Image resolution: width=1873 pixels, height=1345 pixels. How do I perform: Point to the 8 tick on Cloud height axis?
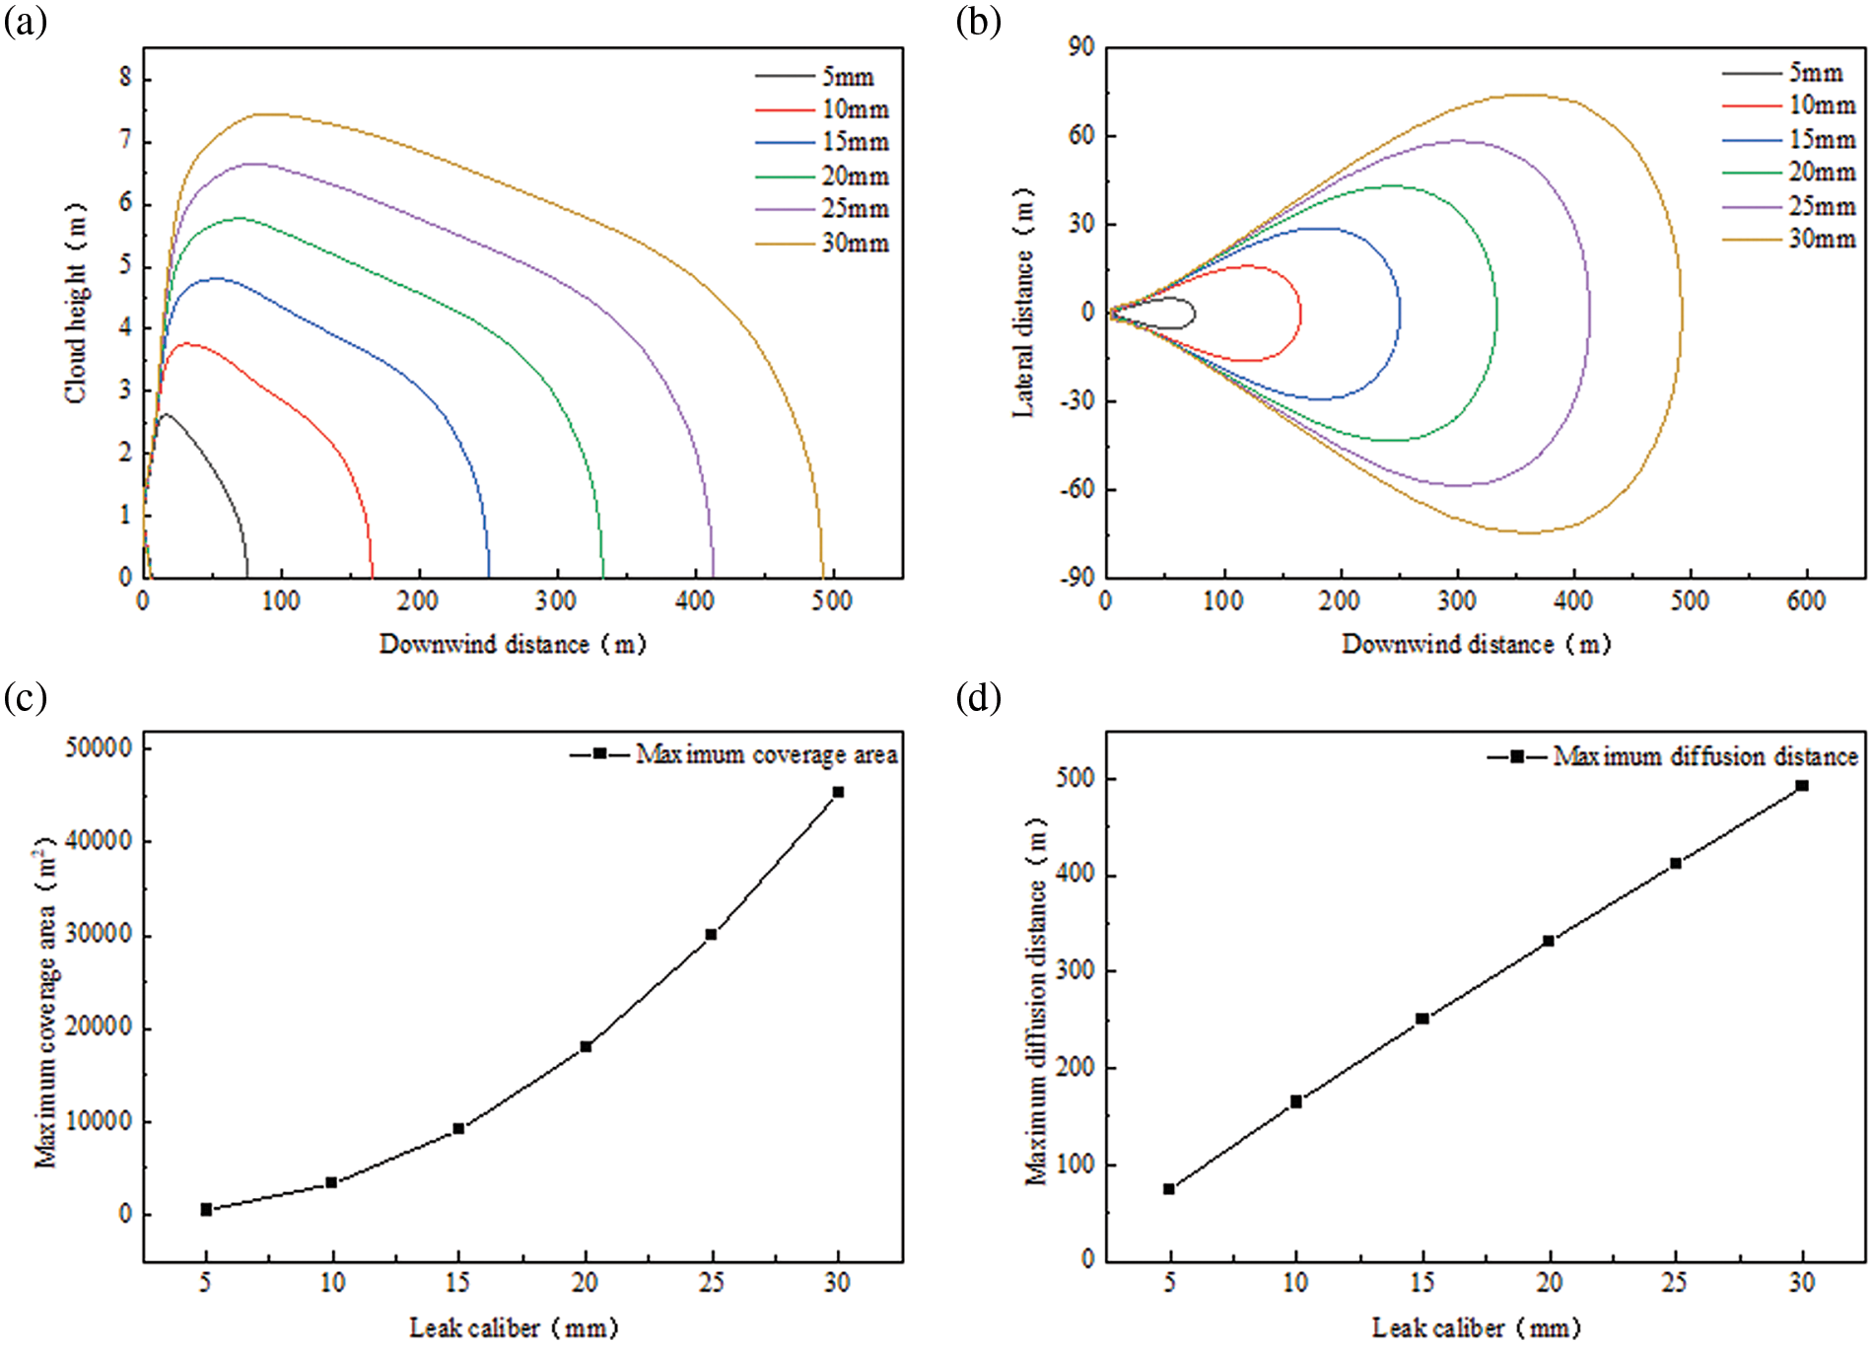125,78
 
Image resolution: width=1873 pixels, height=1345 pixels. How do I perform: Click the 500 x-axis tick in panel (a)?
831,601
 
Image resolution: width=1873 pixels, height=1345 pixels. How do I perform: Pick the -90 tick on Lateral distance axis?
1076,578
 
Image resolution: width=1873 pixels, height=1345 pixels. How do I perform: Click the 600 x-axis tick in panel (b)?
1806,601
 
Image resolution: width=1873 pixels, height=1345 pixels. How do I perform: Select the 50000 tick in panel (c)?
99,748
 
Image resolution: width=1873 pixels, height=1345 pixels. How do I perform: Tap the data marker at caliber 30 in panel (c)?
838,792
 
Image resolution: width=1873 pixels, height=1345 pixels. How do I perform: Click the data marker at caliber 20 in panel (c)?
586,1046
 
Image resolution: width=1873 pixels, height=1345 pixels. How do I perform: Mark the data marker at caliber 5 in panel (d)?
1169,1189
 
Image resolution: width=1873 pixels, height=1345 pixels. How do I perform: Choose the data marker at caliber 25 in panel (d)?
1676,864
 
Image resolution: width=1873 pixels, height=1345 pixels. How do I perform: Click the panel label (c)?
26,698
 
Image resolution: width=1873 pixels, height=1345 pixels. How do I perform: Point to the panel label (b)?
979,22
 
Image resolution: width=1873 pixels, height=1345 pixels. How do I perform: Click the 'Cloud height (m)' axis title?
76,304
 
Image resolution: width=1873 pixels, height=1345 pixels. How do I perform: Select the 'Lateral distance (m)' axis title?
1024,303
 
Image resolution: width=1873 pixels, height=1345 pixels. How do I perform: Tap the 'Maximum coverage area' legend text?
766,755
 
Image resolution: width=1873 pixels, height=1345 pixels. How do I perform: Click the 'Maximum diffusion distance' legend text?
1705,757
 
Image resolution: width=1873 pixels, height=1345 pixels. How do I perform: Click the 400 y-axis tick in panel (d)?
1075,875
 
